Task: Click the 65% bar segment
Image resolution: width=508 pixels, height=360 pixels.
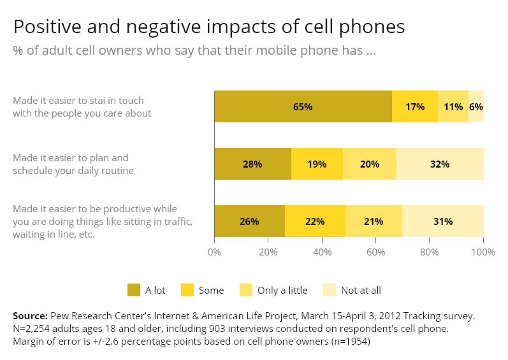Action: coord(303,106)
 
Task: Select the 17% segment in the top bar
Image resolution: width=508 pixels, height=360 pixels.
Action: coord(415,106)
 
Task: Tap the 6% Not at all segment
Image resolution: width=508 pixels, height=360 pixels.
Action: coord(476,106)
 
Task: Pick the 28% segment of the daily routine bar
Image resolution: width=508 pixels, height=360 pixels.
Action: coord(252,164)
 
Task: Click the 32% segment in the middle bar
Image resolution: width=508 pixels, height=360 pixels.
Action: coord(440,164)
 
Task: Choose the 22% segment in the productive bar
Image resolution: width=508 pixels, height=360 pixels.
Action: coord(316,221)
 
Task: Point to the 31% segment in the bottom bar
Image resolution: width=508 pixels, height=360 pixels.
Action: coord(443,221)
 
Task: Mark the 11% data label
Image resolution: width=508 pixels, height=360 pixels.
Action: coord(453,107)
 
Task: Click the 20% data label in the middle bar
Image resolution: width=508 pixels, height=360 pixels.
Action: coord(370,164)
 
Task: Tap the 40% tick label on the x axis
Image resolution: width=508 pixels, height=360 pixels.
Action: coord(322,252)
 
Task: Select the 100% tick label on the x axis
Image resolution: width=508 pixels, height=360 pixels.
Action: coord(483,252)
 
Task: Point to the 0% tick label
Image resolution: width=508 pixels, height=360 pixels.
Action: coord(214,252)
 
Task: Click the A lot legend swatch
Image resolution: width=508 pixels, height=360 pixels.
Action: coord(134,290)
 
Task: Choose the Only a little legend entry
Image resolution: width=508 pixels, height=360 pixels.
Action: coord(273,290)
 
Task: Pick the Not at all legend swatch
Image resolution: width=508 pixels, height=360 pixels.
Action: coord(330,290)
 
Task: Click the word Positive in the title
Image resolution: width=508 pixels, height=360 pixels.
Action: coord(47,26)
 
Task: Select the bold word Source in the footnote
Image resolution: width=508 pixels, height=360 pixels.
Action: coord(30,315)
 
